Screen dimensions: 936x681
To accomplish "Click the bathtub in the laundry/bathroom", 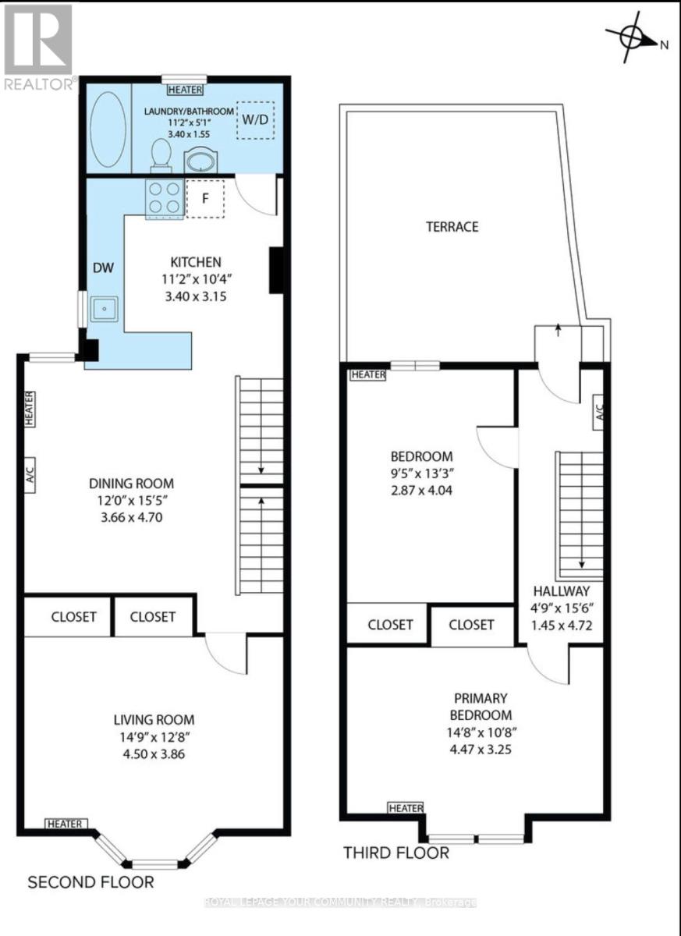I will coord(108,129).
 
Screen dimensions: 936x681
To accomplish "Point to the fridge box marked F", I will coord(205,198).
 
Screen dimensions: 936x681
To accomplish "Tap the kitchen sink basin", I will coord(104,309).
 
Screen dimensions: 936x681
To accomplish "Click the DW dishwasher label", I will coord(104,268).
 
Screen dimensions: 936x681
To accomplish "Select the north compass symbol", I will coord(633,37).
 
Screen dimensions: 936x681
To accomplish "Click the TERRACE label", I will coord(452,227).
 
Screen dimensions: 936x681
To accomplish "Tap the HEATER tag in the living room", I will coord(66,824).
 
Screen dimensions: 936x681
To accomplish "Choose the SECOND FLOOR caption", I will coord(90,882).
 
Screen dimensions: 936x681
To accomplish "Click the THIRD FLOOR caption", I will coord(396,853).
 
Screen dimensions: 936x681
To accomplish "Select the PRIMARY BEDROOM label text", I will coord(481,707).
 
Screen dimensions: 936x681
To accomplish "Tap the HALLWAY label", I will coord(562,591).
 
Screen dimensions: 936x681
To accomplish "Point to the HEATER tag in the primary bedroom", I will coord(406,808).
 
